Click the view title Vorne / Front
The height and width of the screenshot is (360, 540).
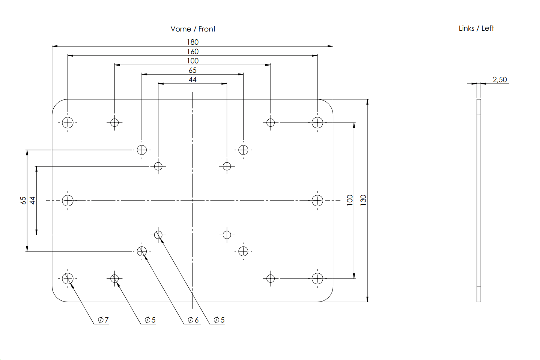193,29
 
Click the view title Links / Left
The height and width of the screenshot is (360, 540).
476,28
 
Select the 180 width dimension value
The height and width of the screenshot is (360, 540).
193,42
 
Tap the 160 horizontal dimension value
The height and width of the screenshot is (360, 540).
193,51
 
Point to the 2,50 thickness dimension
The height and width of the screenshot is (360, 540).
499,79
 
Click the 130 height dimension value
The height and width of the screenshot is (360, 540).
363,200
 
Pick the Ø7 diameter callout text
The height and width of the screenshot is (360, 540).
103,320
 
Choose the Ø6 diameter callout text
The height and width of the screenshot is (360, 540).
193,320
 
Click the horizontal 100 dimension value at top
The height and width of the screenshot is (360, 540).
193,61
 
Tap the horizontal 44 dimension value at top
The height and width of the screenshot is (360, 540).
193,79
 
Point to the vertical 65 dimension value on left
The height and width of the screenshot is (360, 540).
23,200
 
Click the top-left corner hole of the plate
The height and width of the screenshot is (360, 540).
68,123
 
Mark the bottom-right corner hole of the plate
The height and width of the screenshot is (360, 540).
317,279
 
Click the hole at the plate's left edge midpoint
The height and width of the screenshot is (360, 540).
68,201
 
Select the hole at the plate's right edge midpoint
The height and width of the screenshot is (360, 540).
317,201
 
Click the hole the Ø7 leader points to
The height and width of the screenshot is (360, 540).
68,279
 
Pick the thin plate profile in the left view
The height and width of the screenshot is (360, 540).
478,200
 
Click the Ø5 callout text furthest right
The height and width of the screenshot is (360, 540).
219,320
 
